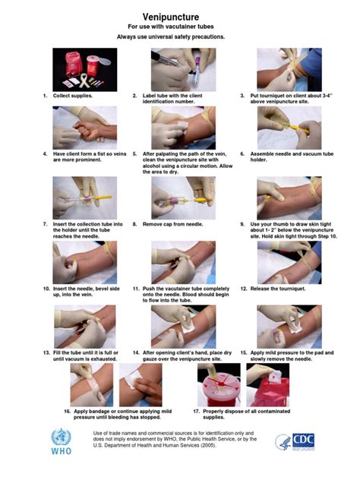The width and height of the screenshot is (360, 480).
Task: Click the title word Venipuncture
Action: click(180, 16)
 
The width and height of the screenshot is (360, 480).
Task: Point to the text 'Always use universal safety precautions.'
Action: click(180, 36)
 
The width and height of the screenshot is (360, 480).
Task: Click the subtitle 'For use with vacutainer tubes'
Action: click(180, 27)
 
